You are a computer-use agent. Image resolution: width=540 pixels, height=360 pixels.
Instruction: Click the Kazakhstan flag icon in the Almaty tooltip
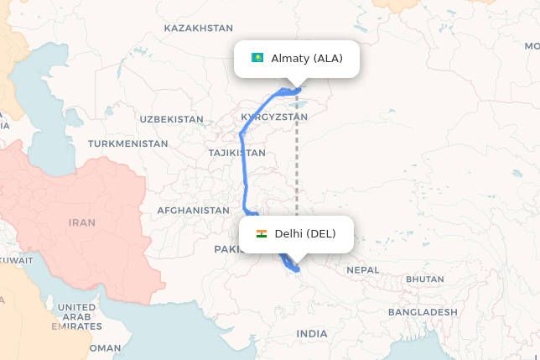click(x=257, y=58)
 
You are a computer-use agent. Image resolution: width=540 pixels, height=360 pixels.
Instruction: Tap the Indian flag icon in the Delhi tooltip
click(x=262, y=233)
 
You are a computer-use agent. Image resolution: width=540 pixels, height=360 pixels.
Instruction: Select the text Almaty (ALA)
click(x=307, y=58)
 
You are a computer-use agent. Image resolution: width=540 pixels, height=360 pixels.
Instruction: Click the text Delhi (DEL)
click(x=305, y=233)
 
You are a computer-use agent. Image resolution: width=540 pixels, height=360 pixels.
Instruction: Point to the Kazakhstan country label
click(x=198, y=28)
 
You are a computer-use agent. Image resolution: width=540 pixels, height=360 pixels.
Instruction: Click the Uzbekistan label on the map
click(x=171, y=119)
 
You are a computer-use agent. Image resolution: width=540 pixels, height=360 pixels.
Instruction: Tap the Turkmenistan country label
click(x=128, y=143)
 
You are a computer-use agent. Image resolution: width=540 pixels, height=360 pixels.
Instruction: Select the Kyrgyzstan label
click(x=268, y=117)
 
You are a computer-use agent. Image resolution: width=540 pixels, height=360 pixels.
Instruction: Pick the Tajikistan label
click(x=237, y=153)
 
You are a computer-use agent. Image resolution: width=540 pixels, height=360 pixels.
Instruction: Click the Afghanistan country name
click(x=193, y=210)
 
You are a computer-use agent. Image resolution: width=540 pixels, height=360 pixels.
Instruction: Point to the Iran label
click(x=82, y=222)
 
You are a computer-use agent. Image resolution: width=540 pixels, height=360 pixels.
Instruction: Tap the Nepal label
click(x=362, y=269)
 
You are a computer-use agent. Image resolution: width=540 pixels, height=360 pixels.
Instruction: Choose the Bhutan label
click(x=424, y=279)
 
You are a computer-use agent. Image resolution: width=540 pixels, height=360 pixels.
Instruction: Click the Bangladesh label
click(x=423, y=311)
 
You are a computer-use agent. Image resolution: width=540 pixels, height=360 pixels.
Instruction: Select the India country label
click(x=312, y=334)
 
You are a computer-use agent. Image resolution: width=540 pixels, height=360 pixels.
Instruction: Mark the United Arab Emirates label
click(x=77, y=317)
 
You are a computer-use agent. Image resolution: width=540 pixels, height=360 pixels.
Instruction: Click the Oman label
click(x=106, y=347)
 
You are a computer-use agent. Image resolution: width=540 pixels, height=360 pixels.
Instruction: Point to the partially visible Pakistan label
click(x=226, y=248)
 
